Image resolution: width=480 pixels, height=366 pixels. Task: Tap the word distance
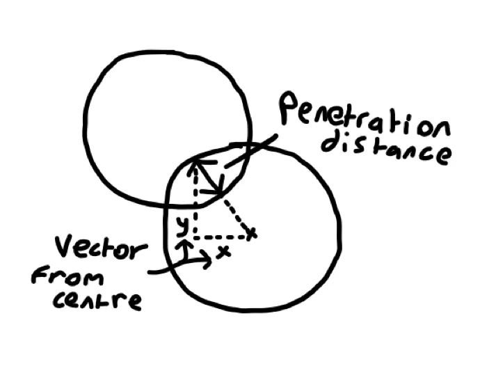click(387, 148)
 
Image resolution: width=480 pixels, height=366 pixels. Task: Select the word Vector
click(102, 247)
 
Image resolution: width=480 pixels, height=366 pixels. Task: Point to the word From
click(68, 276)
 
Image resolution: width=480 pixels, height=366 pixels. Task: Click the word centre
click(97, 299)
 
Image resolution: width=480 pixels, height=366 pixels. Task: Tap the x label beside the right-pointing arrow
click(224, 252)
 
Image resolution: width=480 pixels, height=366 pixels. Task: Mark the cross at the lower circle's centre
click(251, 234)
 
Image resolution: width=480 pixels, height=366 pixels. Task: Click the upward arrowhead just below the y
click(184, 244)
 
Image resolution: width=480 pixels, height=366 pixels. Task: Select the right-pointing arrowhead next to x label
click(207, 260)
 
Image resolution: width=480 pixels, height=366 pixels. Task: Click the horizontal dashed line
click(221, 237)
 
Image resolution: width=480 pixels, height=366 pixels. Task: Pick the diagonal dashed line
click(237, 216)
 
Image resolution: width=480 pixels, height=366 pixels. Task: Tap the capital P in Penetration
click(289, 108)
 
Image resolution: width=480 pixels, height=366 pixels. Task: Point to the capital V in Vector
click(65, 246)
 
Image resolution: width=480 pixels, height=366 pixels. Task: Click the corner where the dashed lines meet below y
click(195, 237)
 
